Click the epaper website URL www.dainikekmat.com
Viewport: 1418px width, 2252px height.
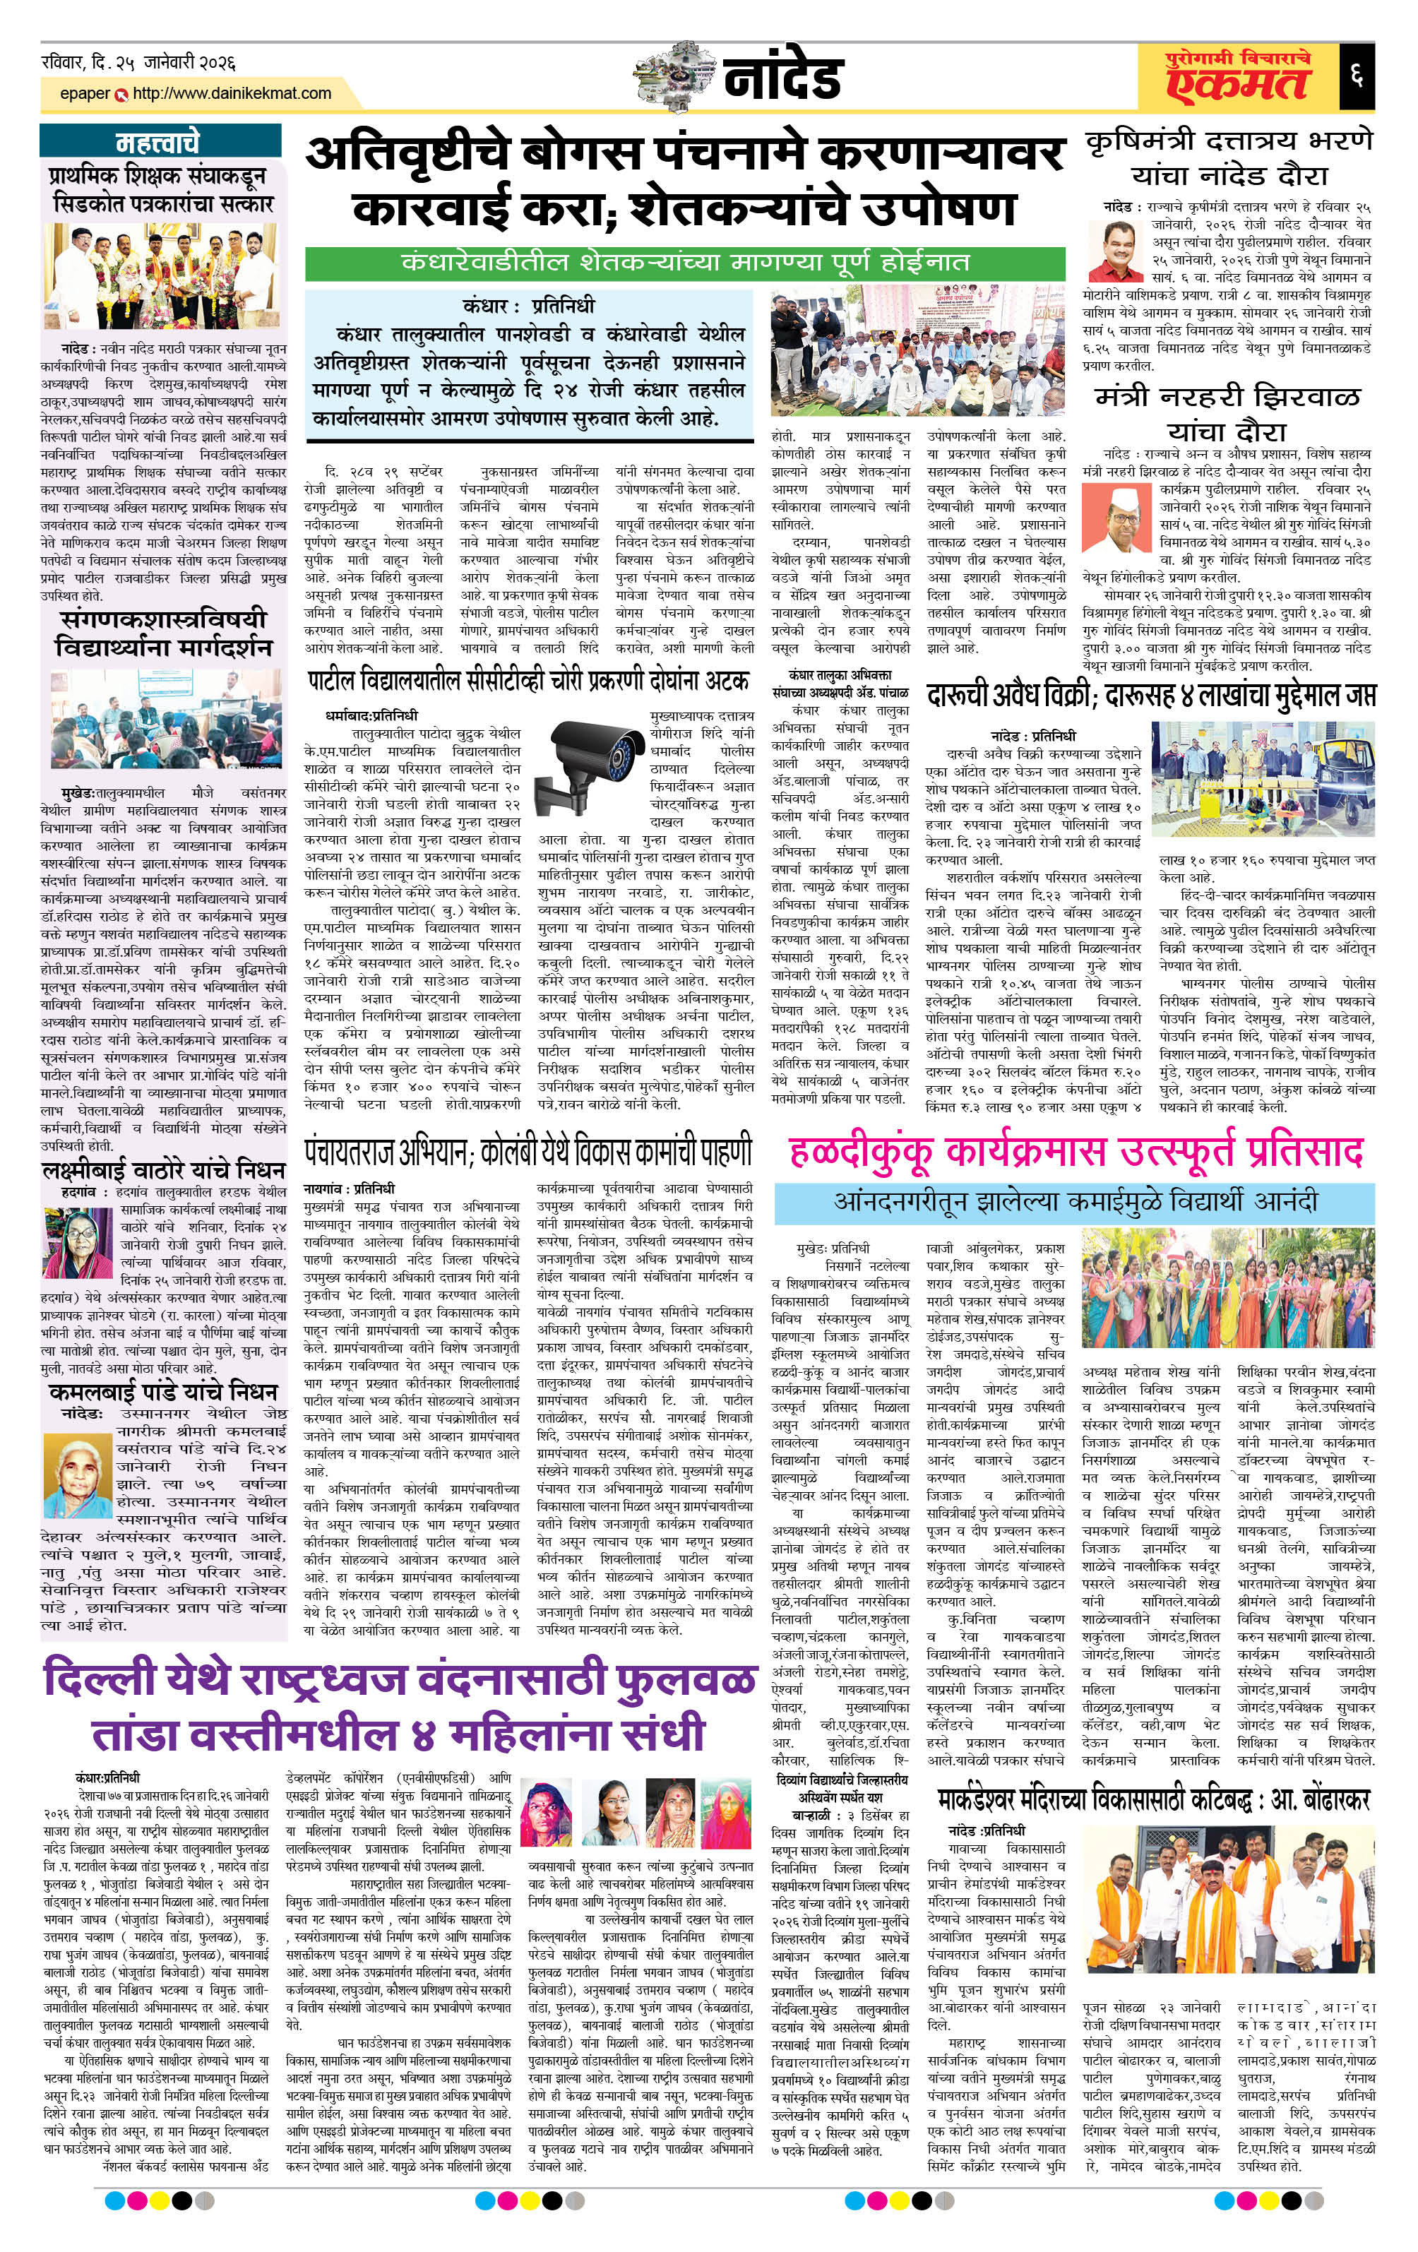(x=231, y=93)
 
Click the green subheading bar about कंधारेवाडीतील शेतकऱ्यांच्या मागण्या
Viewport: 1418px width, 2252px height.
(x=685, y=262)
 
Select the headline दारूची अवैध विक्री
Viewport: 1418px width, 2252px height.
(x=1149, y=695)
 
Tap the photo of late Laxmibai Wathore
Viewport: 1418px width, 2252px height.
(x=78, y=1243)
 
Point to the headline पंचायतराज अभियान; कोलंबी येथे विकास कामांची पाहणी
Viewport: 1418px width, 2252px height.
(x=528, y=1152)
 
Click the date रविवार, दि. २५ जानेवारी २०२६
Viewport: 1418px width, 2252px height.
(x=138, y=64)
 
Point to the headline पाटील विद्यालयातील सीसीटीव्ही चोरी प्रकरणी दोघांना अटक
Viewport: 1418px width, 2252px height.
(x=528, y=680)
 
